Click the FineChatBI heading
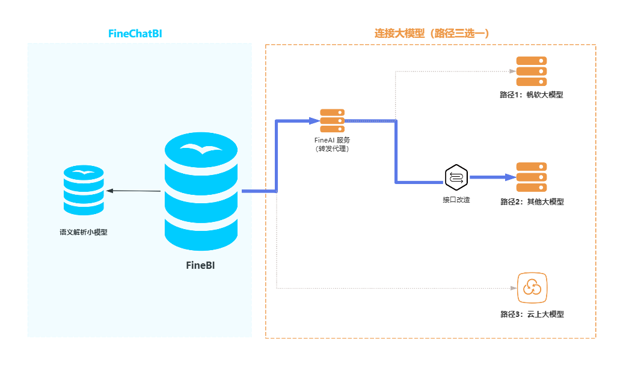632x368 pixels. (x=135, y=34)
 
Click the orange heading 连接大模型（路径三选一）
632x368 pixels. (x=431, y=34)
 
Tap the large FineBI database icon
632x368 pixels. (x=201, y=191)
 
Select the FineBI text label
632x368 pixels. (x=200, y=265)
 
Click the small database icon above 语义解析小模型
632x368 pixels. (x=84, y=190)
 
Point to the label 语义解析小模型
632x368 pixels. (x=84, y=232)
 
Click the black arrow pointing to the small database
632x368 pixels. (x=133, y=191)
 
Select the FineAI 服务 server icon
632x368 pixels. (x=332, y=121)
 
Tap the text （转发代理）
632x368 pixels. (x=332, y=149)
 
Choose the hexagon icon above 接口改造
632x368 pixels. (x=456, y=177)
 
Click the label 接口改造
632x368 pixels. (x=456, y=199)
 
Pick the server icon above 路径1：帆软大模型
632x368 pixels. (x=532, y=72)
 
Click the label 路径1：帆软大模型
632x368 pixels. (x=532, y=94)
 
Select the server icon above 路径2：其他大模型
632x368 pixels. (x=532, y=177)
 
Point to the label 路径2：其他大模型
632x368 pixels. (x=532, y=202)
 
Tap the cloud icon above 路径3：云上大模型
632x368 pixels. (x=532, y=287)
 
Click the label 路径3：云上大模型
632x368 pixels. (x=532, y=314)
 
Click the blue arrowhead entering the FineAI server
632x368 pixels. (x=313, y=121)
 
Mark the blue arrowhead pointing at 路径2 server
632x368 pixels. (x=511, y=177)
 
